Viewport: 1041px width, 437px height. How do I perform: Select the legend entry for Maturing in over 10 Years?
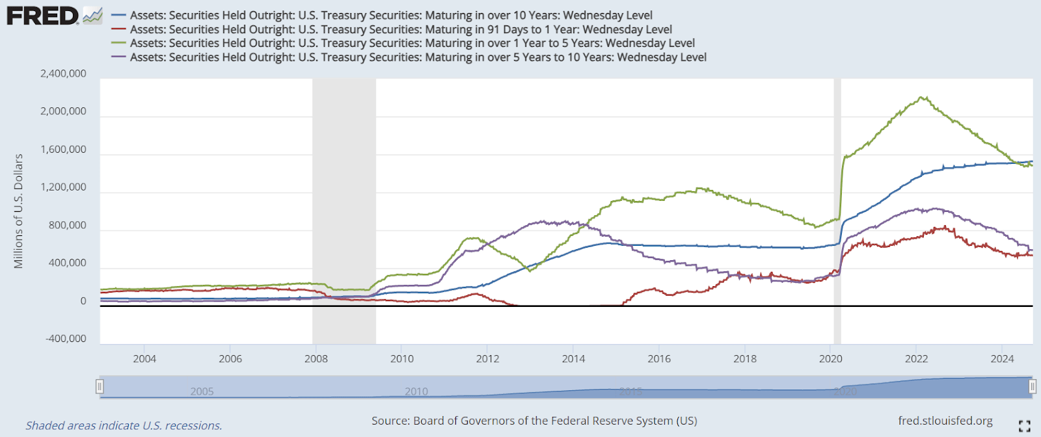tap(390, 15)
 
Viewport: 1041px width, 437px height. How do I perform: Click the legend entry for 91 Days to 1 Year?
tap(400, 29)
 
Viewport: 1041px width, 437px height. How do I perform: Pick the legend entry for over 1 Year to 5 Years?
tap(412, 43)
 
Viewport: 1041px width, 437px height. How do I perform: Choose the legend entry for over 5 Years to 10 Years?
tap(418, 57)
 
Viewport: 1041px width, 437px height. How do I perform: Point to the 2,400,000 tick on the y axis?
tap(63, 73)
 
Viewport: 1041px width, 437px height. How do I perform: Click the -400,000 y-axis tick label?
tap(66, 338)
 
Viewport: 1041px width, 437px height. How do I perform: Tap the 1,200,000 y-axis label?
tap(63, 187)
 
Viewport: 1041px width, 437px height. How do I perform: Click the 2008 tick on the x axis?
tap(316, 359)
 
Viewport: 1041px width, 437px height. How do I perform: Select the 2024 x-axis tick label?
tap(1002, 359)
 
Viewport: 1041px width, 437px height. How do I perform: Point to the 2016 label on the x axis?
tap(659, 359)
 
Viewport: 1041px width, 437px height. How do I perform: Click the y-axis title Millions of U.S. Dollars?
tap(18, 211)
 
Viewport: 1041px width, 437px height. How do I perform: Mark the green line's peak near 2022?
tap(922, 98)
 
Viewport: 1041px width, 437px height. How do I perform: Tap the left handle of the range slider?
tap(100, 387)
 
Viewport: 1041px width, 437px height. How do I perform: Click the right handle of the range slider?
tap(1032, 387)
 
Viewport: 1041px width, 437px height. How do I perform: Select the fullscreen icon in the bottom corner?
tap(1024, 426)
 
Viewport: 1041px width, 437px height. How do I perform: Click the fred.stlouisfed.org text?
tap(945, 421)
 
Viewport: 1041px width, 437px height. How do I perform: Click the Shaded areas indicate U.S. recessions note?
tap(124, 426)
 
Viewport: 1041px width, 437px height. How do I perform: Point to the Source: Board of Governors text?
tap(534, 421)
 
